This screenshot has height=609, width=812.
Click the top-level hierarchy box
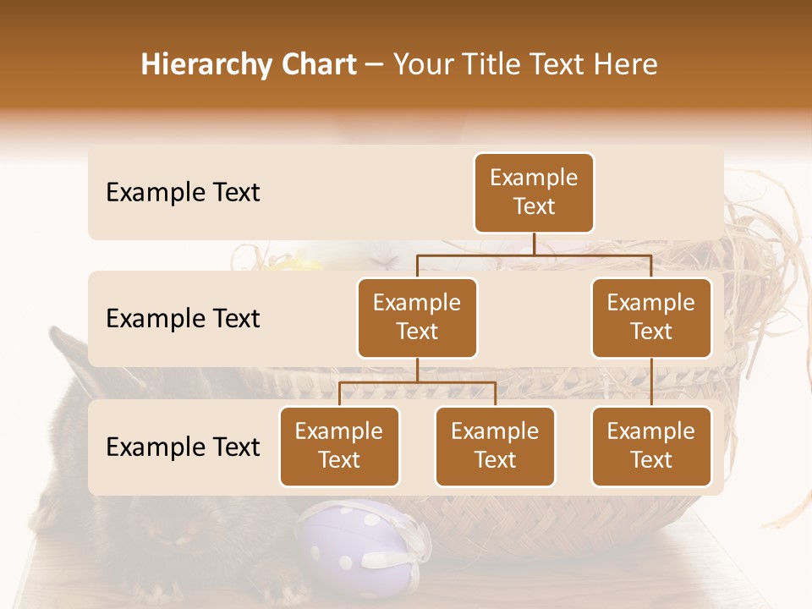click(x=534, y=192)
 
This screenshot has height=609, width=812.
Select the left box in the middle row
click(x=417, y=317)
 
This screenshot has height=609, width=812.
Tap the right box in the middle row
click(x=651, y=317)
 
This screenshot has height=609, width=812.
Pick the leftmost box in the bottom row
click(x=339, y=446)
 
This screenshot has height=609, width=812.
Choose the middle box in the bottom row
click(x=495, y=446)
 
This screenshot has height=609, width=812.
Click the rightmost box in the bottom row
click(x=651, y=446)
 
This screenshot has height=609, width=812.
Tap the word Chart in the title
click(x=321, y=64)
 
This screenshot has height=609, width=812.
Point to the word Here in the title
click(x=626, y=64)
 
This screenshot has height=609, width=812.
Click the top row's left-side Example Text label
click(x=183, y=193)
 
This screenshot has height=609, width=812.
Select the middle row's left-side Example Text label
click(x=183, y=319)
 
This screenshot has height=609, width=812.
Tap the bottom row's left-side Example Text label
click(x=183, y=447)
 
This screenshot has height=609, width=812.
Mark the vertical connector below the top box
click(x=534, y=244)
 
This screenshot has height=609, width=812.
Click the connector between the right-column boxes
click(x=651, y=382)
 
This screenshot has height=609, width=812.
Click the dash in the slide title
click(x=375, y=65)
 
